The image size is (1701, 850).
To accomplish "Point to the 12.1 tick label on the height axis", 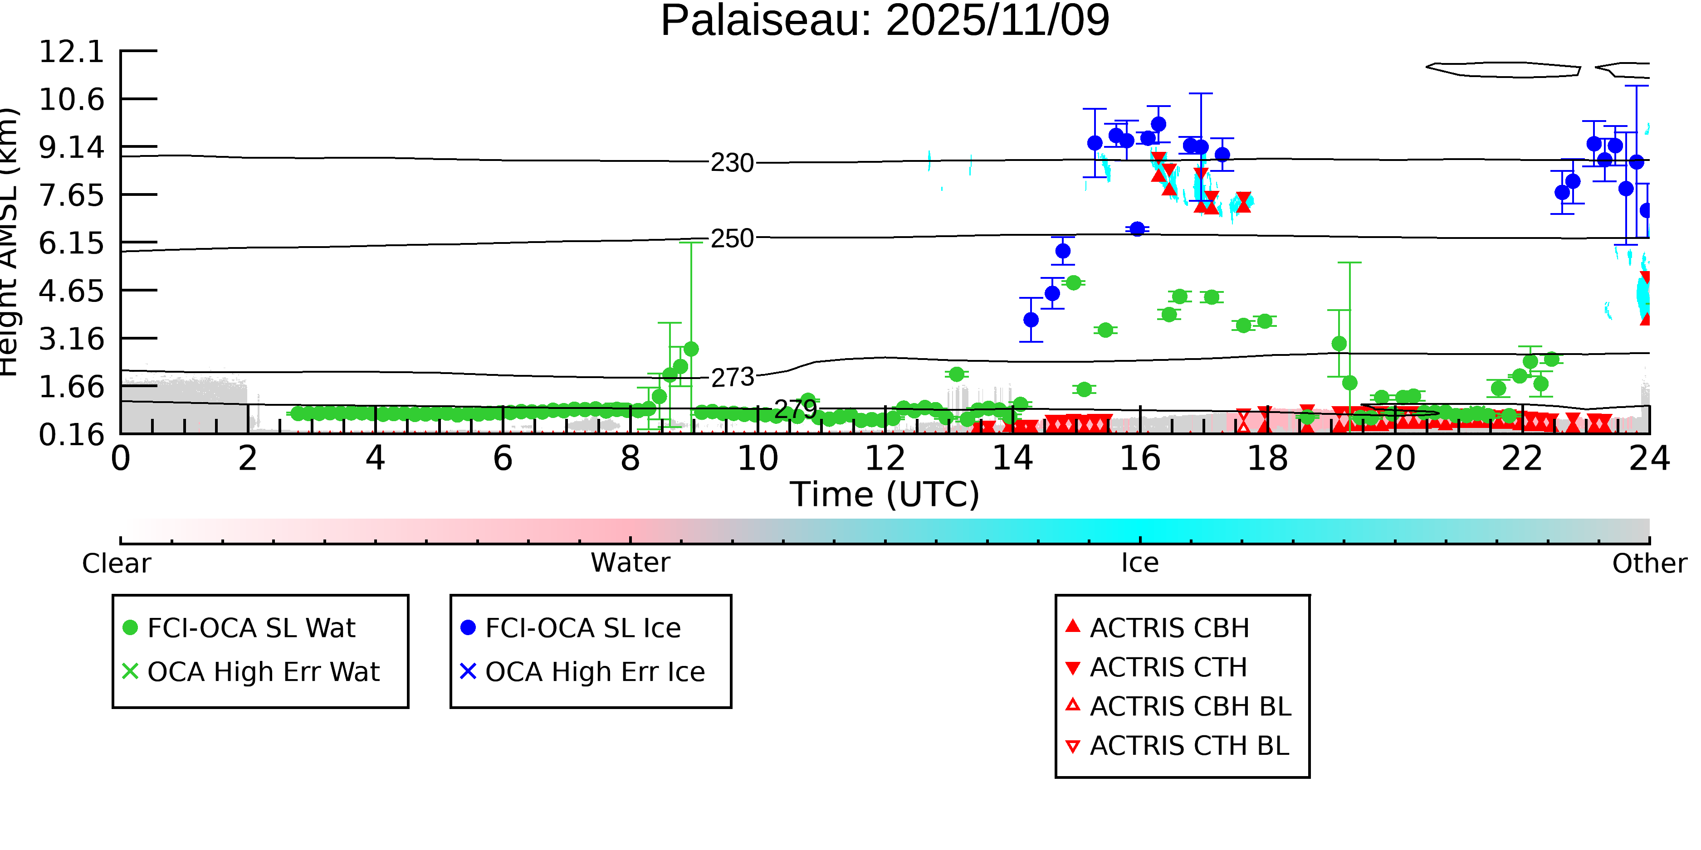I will coord(71,52).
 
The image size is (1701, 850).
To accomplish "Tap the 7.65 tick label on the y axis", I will coord(71,195).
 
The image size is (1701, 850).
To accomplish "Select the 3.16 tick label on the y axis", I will coord(71,339).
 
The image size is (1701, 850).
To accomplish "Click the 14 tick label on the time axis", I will coord(1012,459).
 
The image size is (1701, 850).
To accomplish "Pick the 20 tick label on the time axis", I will coord(1394,459).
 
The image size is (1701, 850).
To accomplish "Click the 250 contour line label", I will coord(732,239).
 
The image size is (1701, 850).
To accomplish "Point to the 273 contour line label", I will coord(732,378).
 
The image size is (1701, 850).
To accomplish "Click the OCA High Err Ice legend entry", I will coord(594,672).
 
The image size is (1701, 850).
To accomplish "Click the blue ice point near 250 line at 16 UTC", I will coord(1136,229).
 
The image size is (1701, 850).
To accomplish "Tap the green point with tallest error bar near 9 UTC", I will coord(691,349).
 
